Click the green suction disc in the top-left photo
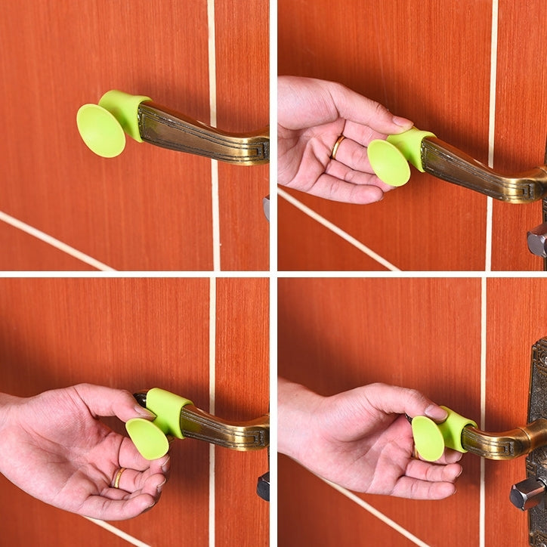tap(100, 130)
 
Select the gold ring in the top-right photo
tap(337, 146)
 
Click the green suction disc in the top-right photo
tap(388, 162)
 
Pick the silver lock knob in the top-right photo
tap(537, 240)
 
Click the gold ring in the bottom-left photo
tap(119, 477)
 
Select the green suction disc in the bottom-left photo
tap(147, 438)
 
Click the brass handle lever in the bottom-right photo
tap(502, 441)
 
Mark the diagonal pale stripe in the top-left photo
tap(53, 241)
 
